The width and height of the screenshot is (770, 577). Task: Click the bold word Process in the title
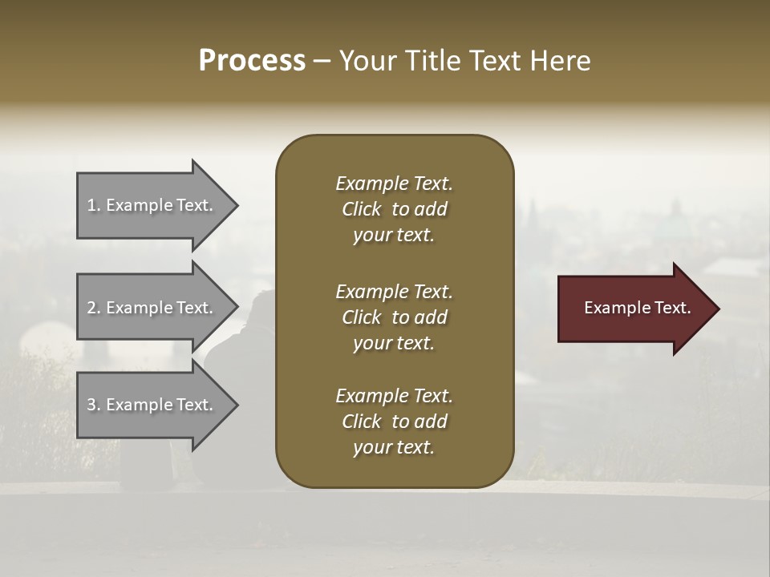[252, 61]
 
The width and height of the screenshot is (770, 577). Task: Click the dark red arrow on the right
[634, 308]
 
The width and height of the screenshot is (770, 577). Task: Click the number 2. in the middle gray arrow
[94, 308]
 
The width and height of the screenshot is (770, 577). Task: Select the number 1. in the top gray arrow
[94, 205]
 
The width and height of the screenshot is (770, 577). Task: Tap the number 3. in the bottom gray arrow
[94, 405]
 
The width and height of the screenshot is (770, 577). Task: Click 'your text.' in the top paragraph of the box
[394, 236]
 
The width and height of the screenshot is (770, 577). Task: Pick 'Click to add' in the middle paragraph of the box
[394, 317]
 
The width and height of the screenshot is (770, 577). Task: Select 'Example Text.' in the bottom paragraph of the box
[394, 396]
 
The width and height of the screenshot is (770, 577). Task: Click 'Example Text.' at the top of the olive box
[394, 184]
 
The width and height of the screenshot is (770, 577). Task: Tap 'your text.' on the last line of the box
[394, 448]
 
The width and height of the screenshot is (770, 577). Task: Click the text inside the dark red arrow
[637, 308]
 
